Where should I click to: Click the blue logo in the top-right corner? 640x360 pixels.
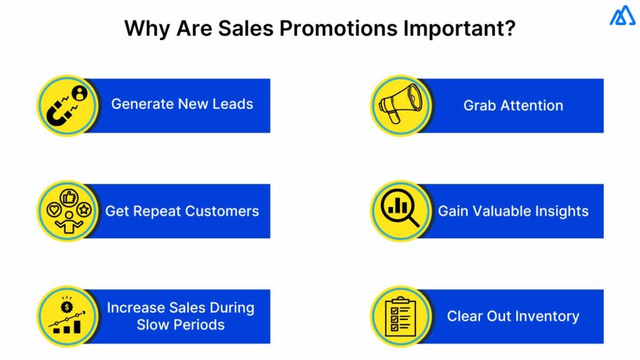tap(622, 16)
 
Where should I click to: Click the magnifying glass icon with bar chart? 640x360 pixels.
tap(401, 211)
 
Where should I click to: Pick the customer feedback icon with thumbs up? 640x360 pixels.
tap(67, 211)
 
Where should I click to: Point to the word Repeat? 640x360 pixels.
tap(155, 211)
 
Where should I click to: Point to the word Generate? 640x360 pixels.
tap(141, 104)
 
